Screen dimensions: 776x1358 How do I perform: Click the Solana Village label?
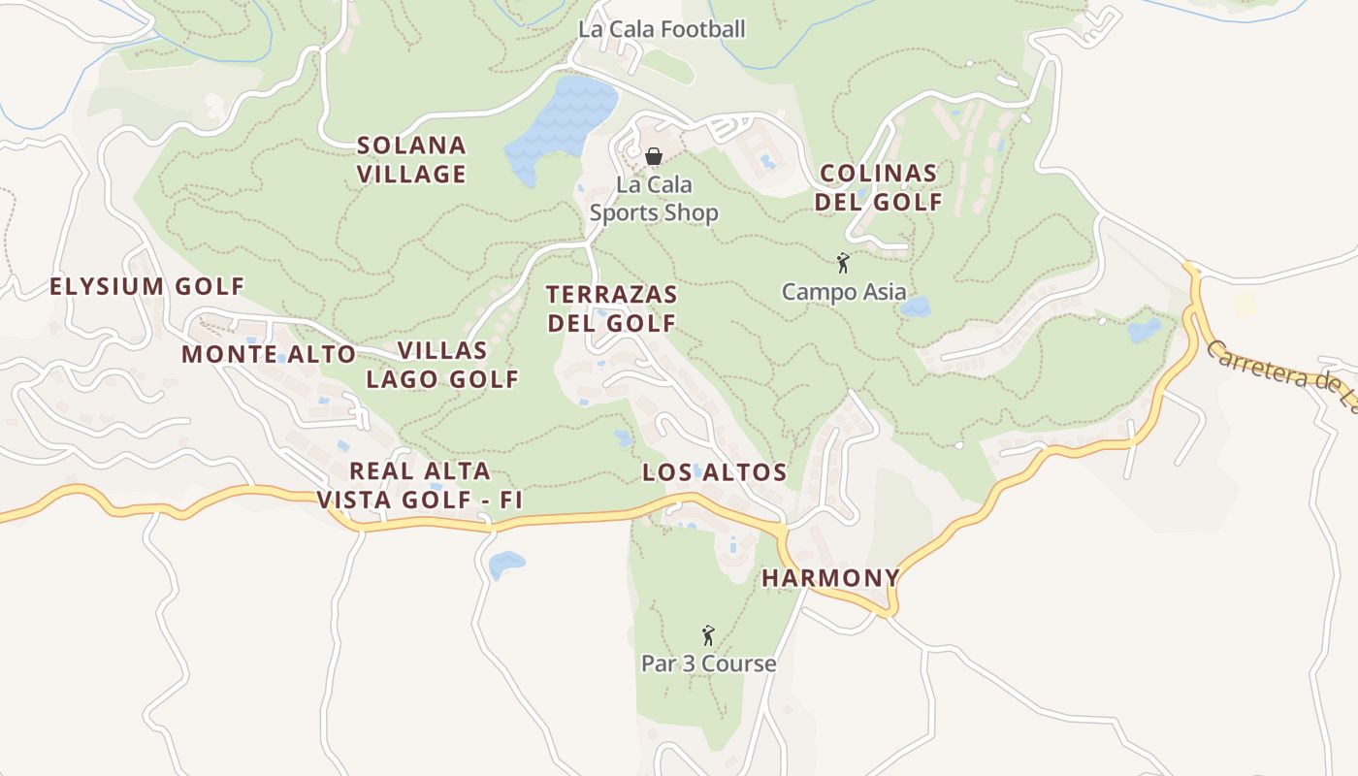point(411,160)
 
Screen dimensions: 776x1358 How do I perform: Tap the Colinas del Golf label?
point(878,188)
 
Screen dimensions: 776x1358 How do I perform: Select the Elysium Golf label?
point(146,286)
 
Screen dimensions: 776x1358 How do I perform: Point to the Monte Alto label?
point(269,354)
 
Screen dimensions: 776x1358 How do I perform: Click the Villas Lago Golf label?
point(442,365)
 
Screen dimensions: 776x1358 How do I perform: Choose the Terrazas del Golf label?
point(611,308)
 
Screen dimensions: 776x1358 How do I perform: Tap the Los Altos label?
point(714,472)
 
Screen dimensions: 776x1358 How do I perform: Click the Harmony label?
point(831,578)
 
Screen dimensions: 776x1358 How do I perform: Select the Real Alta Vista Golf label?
point(420,486)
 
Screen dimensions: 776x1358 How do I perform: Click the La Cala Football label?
point(662,29)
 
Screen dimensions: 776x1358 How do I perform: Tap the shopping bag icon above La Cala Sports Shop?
point(654,155)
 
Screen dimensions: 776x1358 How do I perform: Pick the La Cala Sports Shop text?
point(654,199)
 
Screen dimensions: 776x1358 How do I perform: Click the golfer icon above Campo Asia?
point(843,263)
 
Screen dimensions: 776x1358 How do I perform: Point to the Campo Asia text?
point(844,291)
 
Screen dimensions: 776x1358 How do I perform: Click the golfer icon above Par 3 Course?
point(708,635)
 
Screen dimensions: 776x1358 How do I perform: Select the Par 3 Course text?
point(708,663)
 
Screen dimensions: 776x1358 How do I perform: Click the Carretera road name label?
point(1280,373)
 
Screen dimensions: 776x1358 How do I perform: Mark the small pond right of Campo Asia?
point(915,307)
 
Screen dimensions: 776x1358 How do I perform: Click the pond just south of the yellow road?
point(505,563)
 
